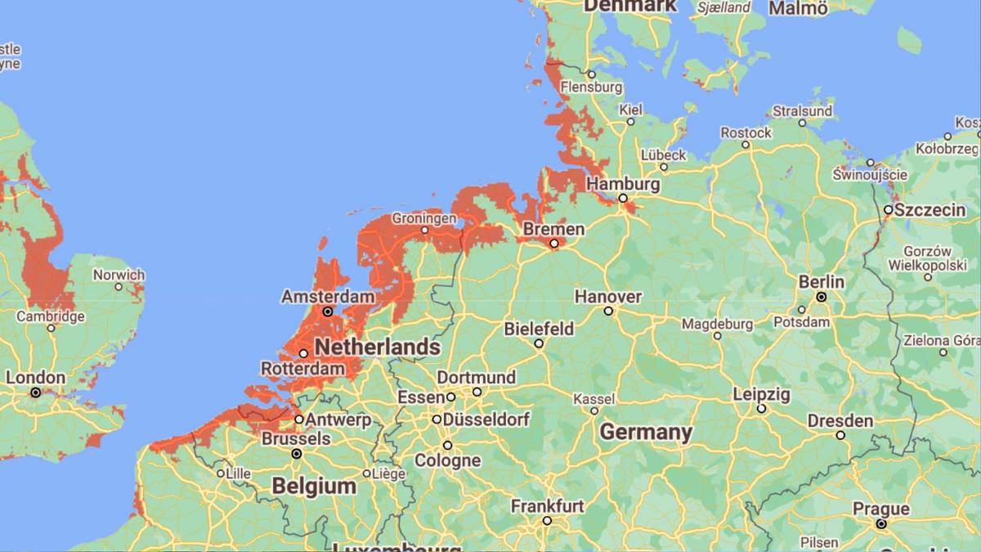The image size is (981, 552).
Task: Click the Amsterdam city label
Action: (x=328, y=296)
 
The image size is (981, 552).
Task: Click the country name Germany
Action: (x=646, y=432)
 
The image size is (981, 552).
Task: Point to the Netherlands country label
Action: (x=377, y=347)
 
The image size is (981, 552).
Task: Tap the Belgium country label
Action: (x=314, y=486)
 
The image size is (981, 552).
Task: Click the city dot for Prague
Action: (x=880, y=523)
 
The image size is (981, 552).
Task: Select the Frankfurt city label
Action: (x=547, y=506)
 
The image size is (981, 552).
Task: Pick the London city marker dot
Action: (x=35, y=393)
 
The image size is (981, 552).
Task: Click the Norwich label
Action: (x=119, y=275)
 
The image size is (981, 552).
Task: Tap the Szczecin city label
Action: (x=929, y=210)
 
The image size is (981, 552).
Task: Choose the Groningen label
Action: (x=423, y=218)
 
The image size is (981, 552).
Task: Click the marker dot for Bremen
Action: (x=553, y=244)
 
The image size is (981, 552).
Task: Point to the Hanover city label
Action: (x=607, y=296)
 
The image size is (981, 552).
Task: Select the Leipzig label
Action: (x=761, y=394)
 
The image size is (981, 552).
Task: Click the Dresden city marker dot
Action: (x=840, y=435)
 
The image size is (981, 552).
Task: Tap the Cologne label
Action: (x=447, y=460)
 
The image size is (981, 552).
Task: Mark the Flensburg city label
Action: (x=592, y=87)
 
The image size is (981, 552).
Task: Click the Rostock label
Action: (x=746, y=132)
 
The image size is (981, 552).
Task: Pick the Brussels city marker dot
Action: (x=297, y=453)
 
